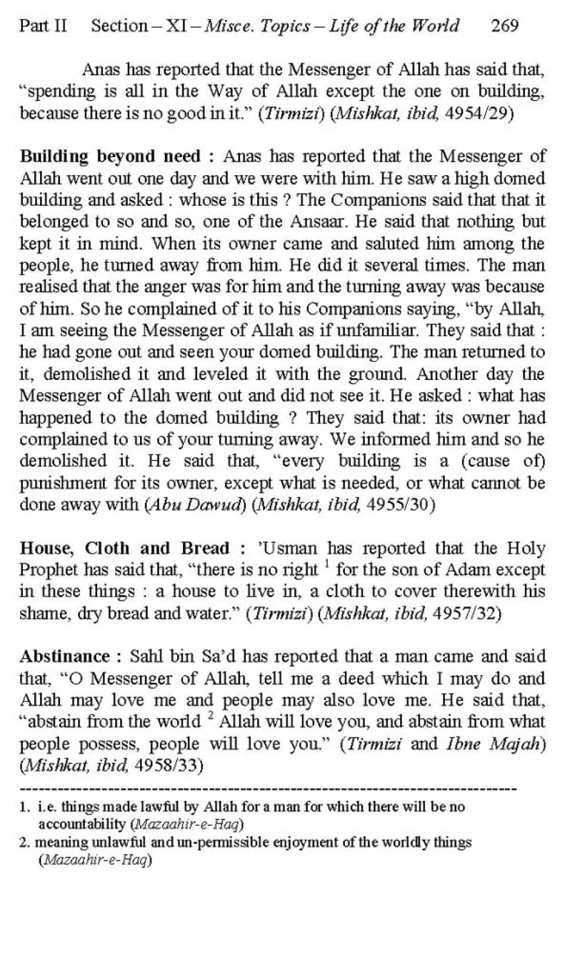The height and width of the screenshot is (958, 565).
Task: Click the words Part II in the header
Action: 43,26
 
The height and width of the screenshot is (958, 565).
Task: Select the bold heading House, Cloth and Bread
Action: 124,548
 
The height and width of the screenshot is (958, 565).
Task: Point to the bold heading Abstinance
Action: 65,656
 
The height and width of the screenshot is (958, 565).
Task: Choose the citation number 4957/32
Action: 467,613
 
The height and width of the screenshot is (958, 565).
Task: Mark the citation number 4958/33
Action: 169,765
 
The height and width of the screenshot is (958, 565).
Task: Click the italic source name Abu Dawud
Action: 194,505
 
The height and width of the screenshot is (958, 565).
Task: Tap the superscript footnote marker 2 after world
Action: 210,717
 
